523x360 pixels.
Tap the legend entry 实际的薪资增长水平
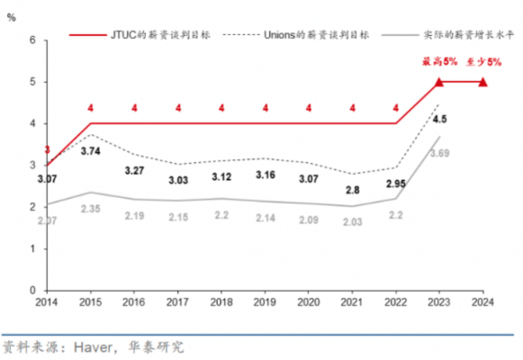[455, 33]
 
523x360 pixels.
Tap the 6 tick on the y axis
[33, 40]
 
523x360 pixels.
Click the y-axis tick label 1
[33, 247]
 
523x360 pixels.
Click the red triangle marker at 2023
[439, 82]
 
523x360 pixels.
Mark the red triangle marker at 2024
[482, 82]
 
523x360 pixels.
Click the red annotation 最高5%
[437, 61]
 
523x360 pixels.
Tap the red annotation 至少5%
[482, 61]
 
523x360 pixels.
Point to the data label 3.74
[90, 151]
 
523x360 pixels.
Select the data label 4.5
[440, 118]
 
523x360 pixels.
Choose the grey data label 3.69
[438, 154]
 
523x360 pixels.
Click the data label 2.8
[351, 190]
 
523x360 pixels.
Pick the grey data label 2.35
[90, 210]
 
